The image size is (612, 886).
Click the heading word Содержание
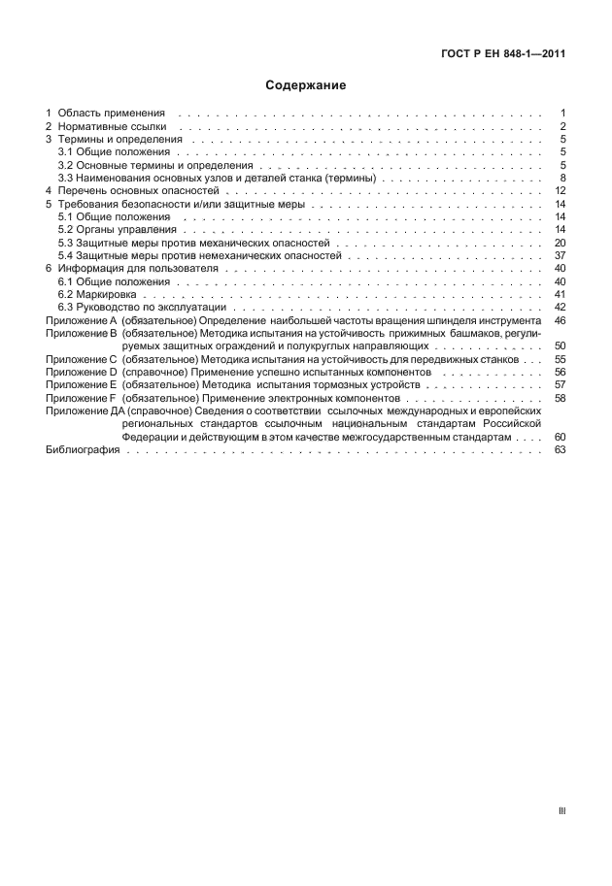pyautogui.click(x=306, y=85)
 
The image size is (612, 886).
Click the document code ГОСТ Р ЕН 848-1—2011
pyautogui.click(x=496, y=53)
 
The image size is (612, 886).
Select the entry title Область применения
pyautogui.click(x=111, y=114)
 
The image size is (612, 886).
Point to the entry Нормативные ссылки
pyautogui.click(x=112, y=127)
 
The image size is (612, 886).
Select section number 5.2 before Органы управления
pyautogui.click(x=66, y=230)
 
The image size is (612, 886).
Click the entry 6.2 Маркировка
pyautogui.click(x=102, y=294)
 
